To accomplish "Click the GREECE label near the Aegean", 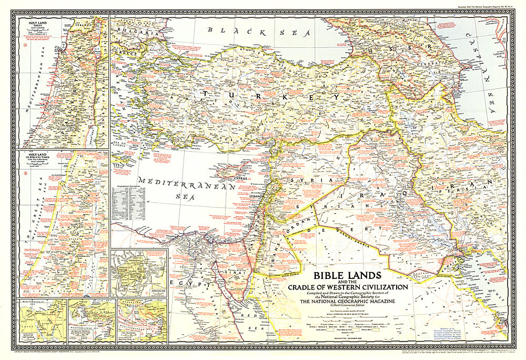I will (122, 53).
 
